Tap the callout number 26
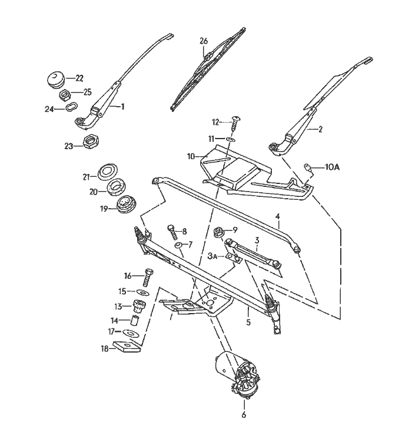(204, 41)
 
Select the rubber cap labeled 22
(56, 78)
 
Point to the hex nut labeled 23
(91, 143)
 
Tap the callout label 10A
(333, 167)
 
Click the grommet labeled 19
(125, 205)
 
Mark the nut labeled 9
(218, 231)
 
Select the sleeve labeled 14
(135, 321)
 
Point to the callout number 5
(248, 322)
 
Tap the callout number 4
(278, 217)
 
